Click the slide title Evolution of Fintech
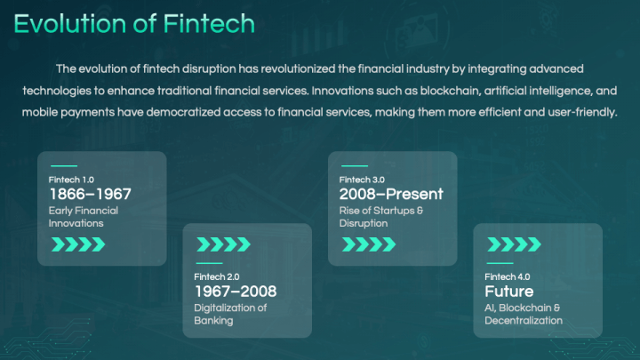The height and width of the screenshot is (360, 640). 133,24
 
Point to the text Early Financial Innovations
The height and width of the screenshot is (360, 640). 83,217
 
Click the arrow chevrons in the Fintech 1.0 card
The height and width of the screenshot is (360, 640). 79,244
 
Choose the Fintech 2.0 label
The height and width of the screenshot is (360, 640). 217,276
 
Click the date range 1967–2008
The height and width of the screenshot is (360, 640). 236,292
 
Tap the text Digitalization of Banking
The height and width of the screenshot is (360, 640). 230,314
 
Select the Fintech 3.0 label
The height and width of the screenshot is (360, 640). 362,180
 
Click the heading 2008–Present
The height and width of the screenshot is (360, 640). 391,195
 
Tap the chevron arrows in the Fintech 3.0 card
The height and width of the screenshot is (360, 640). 369,244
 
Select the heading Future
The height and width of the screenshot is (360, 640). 509,292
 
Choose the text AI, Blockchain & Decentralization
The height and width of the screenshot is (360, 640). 524,314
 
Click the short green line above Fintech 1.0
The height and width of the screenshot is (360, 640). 63,165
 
